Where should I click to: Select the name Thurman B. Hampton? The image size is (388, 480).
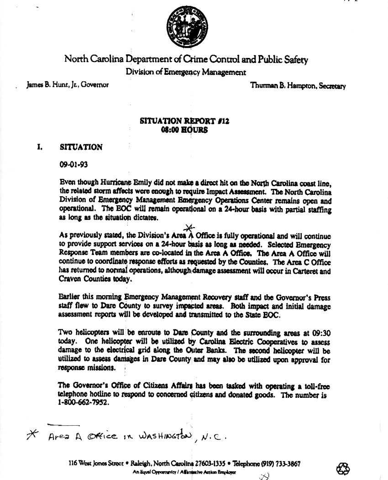[x=277, y=86]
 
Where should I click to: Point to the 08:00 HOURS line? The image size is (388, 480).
[x=185, y=130]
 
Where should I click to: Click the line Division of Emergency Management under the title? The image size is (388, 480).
[x=185, y=72]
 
